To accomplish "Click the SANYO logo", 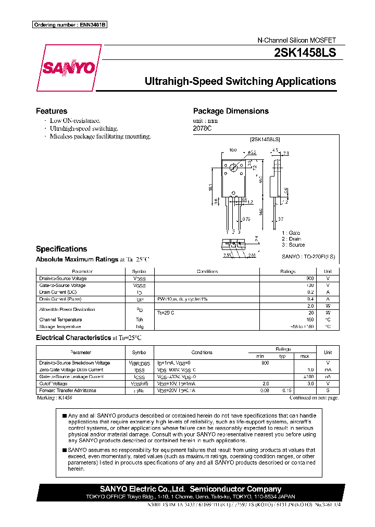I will pyautogui.click(x=68, y=68).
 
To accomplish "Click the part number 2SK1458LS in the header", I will pyautogui.click(x=306, y=53).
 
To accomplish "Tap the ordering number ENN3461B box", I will pyautogui.click(x=69, y=25).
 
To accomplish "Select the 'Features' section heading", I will pyautogui.click(x=52, y=111).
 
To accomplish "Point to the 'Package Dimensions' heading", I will pyautogui.click(x=231, y=111).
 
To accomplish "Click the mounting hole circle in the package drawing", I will pyautogui.click(x=233, y=168).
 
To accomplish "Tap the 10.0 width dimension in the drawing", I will pyautogui.click(x=233, y=150).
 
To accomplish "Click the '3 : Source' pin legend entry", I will pyautogui.click(x=293, y=245).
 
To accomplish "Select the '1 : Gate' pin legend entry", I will pyautogui.click(x=291, y=233).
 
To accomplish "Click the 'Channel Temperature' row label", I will pyautogui.click(x=60, y=320).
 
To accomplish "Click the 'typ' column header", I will pyautogui.click(x=282, y=356).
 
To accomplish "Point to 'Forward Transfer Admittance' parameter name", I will pyautogui.click(x=68, y=390).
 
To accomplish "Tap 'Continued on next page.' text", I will pyautogui.click(x=314, y=397).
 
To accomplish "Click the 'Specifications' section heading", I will pyautogui.click(x=61, y=249).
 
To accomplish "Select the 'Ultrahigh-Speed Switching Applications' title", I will pyautogui.click(x=240, y=81).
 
